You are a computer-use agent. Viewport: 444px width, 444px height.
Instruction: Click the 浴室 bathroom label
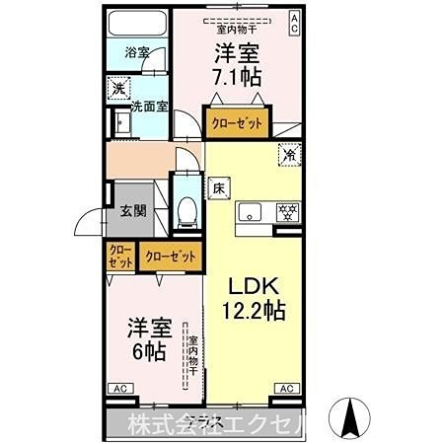[x=137, y=51]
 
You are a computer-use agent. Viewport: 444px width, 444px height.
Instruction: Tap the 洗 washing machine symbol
[x=116, y=87]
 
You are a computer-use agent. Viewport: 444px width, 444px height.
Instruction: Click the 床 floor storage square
[x=217, y=187]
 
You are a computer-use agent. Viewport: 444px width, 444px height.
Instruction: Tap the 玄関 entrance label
[x=133, y=209]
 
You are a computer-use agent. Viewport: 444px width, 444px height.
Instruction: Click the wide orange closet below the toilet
[x=170, y=256]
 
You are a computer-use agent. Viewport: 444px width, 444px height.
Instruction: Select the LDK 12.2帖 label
[x=254, y=296]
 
